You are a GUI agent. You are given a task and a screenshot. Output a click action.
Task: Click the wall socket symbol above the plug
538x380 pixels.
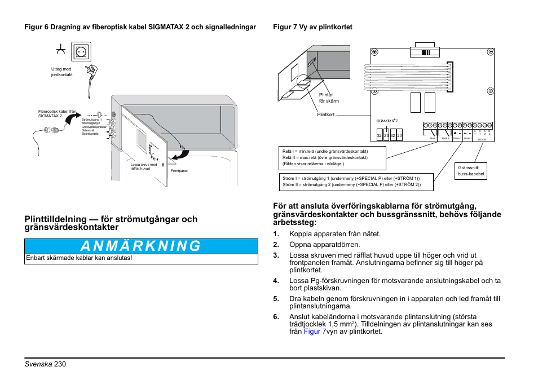click(x=81, y=52)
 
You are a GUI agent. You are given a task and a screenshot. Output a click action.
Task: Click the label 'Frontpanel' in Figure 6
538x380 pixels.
click(x=179, y=170)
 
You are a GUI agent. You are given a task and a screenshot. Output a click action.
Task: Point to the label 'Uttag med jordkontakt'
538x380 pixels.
click(x=61, y=72)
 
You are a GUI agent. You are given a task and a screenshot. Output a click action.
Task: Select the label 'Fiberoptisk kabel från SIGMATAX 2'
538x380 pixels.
click(x=57, y=113)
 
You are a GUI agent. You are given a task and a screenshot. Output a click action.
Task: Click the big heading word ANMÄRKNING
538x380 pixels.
click(x=140, y=246)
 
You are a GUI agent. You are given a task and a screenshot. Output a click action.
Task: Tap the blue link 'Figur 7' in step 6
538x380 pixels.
click(x=315, y=332)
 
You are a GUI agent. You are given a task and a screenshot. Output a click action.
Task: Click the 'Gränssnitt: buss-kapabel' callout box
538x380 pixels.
click(x=471, y=171)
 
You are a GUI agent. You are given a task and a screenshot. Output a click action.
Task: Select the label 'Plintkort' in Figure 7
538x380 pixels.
click(x=326, y=114)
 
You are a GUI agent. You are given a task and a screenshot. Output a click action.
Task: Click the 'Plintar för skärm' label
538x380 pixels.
click(x=327, y=98)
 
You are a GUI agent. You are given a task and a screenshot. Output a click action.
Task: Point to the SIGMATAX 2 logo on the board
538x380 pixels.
click(x=387, y=121)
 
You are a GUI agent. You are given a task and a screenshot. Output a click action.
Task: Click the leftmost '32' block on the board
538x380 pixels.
click(x=380, y=135)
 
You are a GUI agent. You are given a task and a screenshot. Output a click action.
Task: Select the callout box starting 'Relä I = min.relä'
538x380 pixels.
click(x=332, y=157)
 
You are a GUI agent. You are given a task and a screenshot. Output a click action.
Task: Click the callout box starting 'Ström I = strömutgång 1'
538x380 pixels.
click(x=350, y=182)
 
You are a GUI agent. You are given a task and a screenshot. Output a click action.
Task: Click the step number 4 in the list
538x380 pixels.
click(x=276, y=280)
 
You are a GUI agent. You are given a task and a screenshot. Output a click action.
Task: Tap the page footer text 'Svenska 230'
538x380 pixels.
click(x=45, y=364)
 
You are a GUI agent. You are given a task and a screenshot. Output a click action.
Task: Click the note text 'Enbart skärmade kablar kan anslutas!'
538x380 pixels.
click(x=80, y=258)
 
